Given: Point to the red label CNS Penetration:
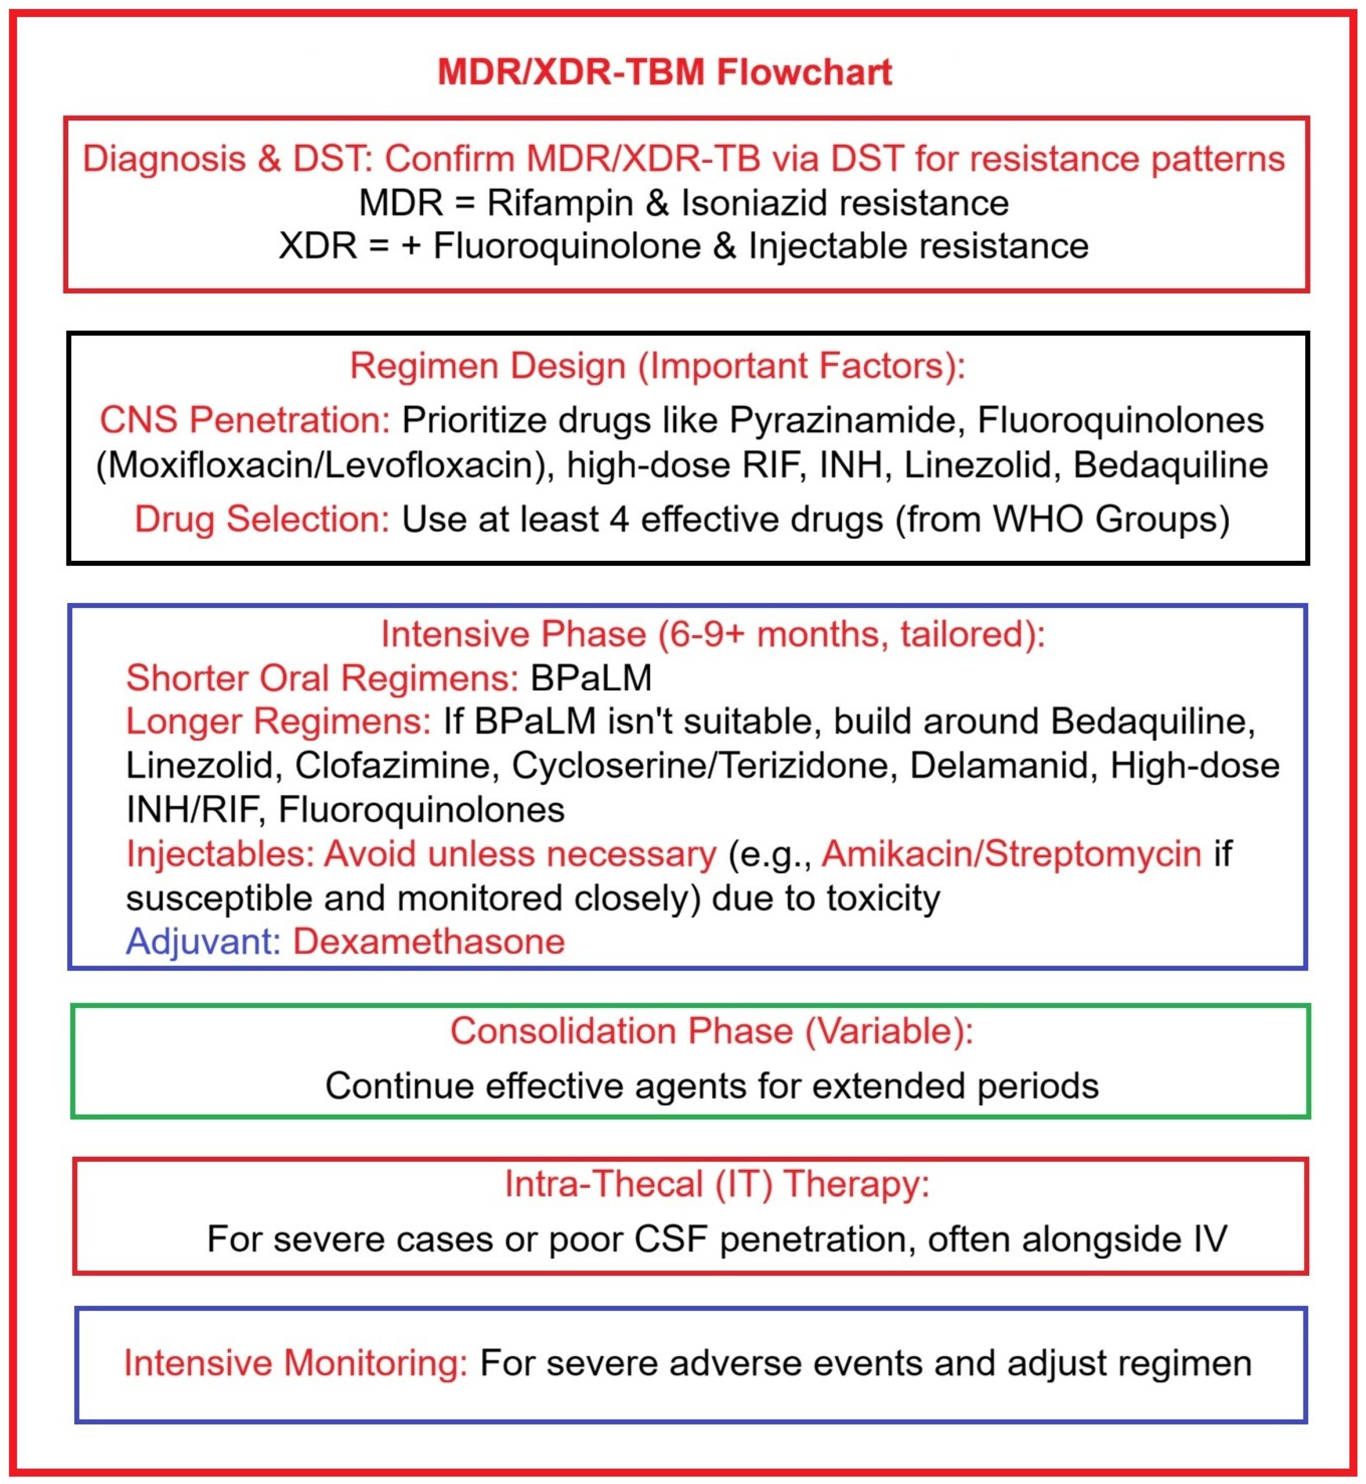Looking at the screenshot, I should coord(245,420).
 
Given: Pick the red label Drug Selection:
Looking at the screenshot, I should coord(262,519).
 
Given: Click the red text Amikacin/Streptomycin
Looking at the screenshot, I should coord(1011,854).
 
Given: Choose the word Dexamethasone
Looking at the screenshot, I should coord(429,942).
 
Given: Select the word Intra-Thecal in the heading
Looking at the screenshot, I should coord(603,1184).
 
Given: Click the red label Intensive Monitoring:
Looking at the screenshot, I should coord(296,1364).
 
